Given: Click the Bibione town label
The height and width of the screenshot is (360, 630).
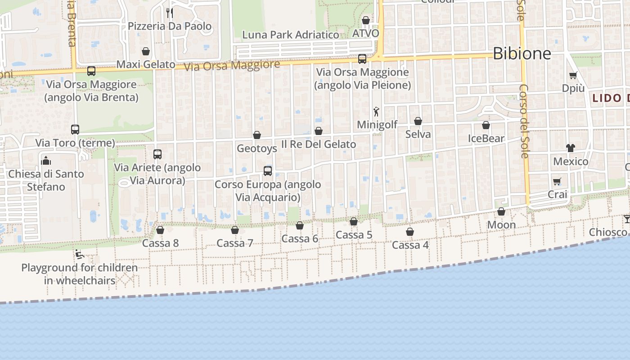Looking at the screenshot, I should (x=522, y=54).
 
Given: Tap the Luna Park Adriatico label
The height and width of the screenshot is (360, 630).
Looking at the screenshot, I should (x=290, y=35).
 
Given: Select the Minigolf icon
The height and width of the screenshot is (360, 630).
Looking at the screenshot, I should (x=376, y=112).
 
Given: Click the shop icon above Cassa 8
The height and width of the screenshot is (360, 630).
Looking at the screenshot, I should (x=160, y=230).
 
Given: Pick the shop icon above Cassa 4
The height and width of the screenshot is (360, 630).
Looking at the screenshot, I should (x=410, y=232).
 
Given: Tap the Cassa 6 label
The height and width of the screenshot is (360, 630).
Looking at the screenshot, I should (x=300, y=238).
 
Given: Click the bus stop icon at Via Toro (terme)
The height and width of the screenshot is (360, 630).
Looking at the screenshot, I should (x=75, y=130).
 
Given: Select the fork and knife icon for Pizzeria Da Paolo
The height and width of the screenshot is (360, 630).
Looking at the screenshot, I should (x=169, y=13).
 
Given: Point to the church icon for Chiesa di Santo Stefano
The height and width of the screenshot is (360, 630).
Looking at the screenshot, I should (x=46, y=161).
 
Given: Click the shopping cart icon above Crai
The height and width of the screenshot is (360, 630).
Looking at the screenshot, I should (x=557, y=181).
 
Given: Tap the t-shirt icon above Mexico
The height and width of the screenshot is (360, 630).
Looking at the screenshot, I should (x=571, y=148).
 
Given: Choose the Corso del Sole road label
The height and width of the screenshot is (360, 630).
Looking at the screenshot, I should (x=524, y=121).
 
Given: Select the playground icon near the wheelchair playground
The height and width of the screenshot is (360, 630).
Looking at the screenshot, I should (x=80, y=255).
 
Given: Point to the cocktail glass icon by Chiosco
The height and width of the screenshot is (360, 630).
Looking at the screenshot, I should (x=627, y=219).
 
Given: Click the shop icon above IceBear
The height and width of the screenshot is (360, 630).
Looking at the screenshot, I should (x=486, y=125).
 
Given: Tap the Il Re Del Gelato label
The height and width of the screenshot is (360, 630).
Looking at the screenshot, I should (x=319, y=144).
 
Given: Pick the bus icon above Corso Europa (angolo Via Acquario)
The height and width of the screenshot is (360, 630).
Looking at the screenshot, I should (x=268, y=171).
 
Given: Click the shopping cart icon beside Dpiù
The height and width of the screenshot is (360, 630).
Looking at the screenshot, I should (x=573, y=75).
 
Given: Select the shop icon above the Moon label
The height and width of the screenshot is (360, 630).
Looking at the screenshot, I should (x=501, y=211).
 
